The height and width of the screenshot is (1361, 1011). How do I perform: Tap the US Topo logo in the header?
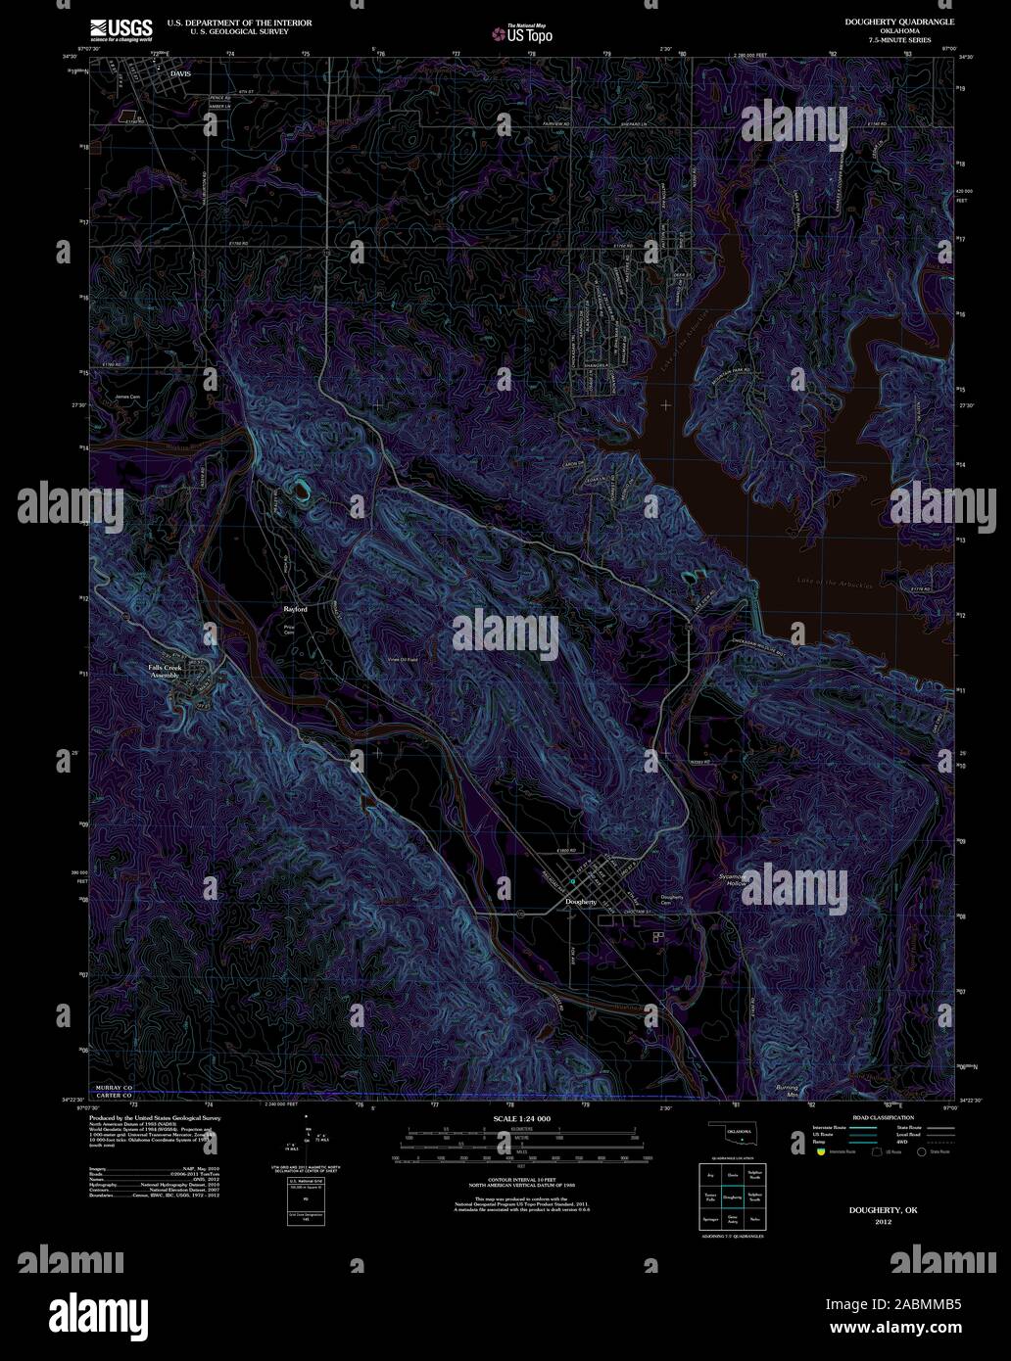[524, 32]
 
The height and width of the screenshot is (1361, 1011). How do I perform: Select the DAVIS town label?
[178, 73]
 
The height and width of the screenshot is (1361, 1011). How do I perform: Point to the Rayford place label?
[295, 609]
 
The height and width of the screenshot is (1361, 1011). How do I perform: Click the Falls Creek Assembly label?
[158, 671]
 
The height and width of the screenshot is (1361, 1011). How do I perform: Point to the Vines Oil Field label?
[399, 660]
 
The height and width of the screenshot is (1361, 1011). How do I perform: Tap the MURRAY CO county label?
[113, 1088]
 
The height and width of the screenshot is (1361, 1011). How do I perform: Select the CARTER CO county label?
[113, 1097]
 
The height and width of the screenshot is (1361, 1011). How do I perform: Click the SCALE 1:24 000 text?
[521, 1117]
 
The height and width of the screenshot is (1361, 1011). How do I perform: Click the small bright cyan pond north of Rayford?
[298, 486]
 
